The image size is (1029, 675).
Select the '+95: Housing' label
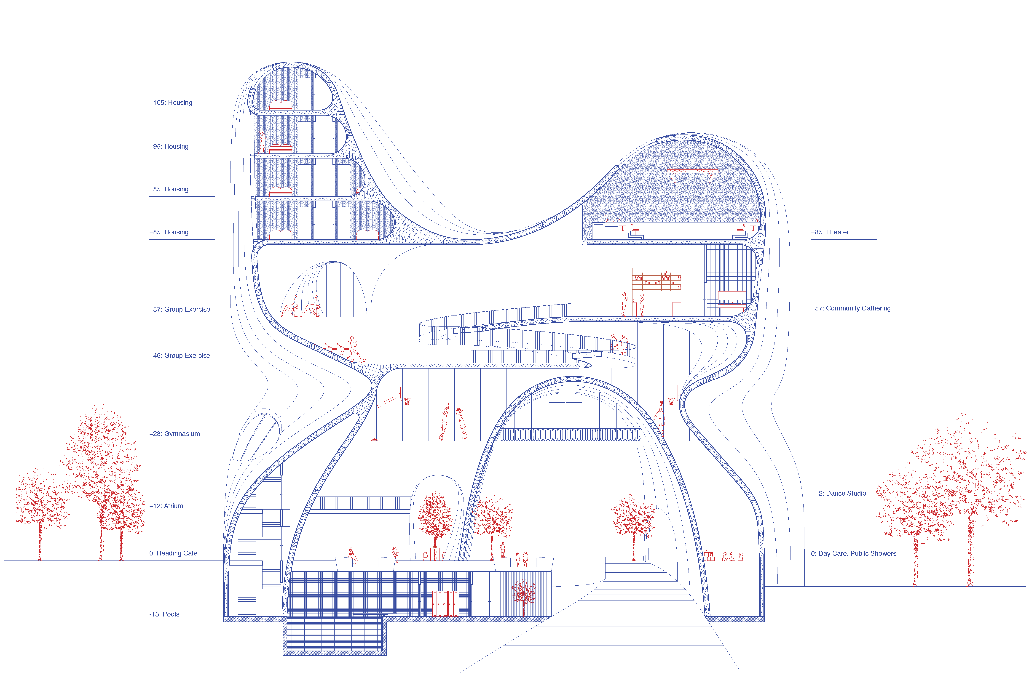tap(169, 146)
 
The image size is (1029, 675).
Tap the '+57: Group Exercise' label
tap(179, 309)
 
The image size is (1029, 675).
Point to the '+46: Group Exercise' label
tap(179, 356)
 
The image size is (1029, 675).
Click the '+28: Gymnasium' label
tap(174, 434)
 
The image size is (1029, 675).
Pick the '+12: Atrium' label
tap(166, 506)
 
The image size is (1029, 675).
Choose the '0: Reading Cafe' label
tap(173, 554)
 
